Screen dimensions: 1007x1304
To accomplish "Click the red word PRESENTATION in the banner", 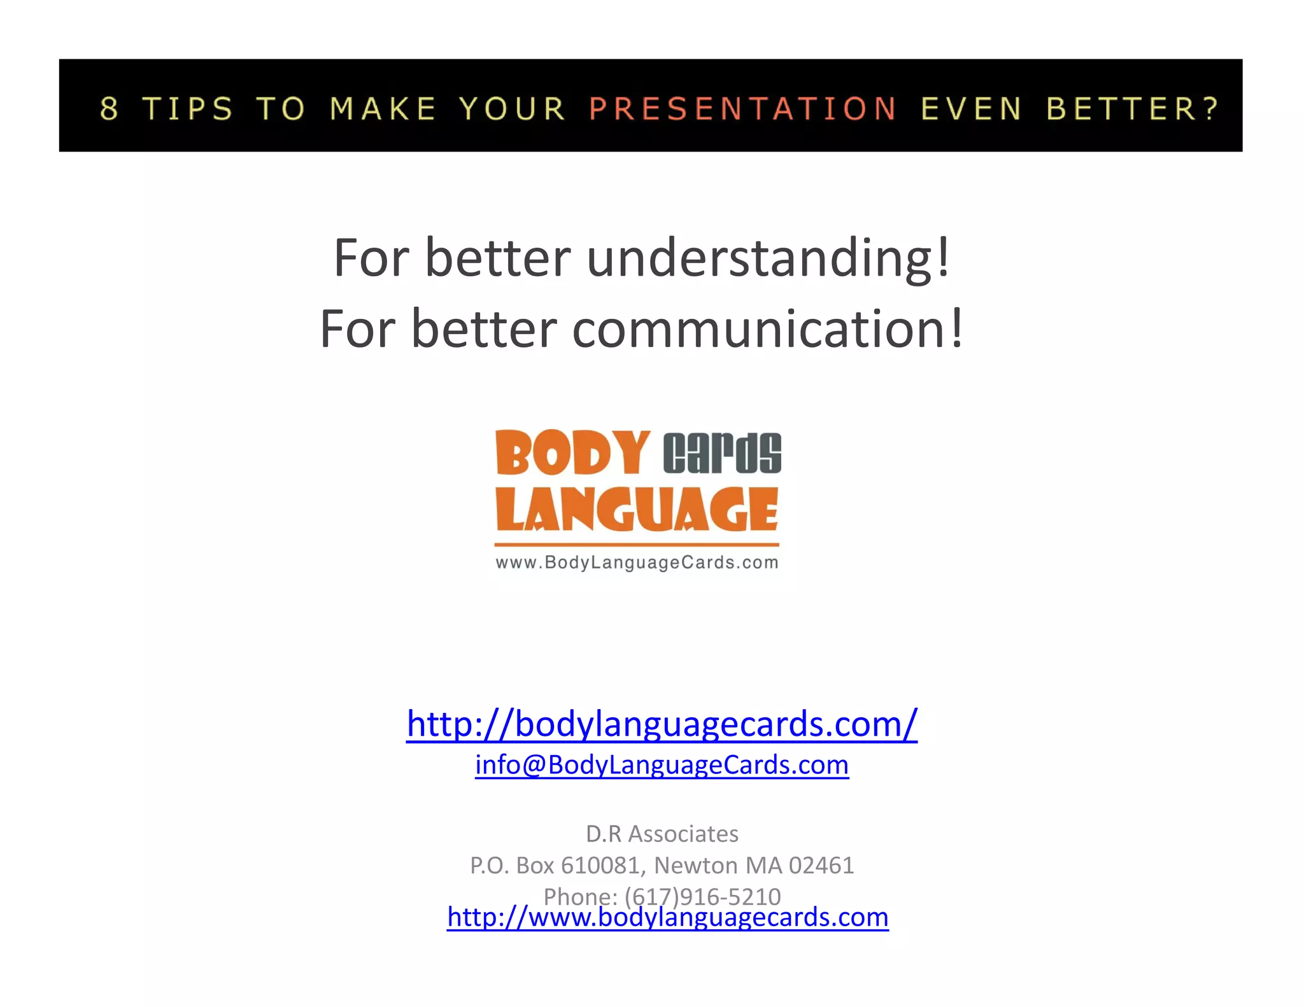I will point(742,109).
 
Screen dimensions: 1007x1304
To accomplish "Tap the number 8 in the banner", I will point(110,109).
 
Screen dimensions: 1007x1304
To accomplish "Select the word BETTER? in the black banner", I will point(1133,109).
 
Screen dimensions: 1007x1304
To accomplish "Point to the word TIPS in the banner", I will point(188,109).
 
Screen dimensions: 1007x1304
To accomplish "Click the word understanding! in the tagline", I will point(769,258).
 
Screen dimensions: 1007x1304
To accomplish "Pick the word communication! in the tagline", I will point(768,329).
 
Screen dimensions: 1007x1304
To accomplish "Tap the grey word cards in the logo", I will point(722,453).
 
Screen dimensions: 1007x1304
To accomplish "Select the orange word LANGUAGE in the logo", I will point(637,510).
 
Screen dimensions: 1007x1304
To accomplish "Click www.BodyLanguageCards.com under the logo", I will point(637,563).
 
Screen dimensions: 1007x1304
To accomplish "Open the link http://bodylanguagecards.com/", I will point(662,724).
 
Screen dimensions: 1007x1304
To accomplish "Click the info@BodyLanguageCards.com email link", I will point(662,764).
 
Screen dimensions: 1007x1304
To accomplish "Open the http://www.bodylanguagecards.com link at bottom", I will point(667,917).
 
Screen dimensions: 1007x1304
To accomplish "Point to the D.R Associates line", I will point(662,834).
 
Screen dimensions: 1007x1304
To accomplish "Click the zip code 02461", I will point(821,866).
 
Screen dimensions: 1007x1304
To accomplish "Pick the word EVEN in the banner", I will point(971,109).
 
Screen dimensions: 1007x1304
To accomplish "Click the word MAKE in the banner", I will point(383,109).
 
